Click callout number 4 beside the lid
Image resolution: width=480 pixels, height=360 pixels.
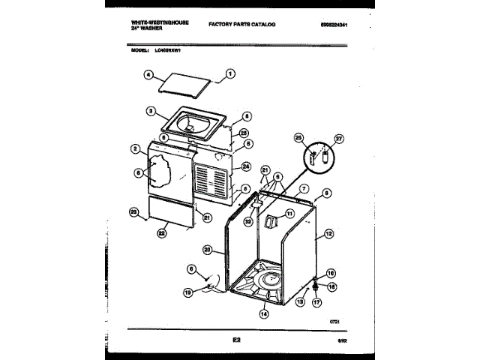(148, 75)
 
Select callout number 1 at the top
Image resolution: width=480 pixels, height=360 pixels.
(231, 73)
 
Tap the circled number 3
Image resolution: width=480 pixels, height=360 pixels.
(150, 112)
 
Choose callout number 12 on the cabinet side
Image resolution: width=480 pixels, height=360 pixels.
(328, 234)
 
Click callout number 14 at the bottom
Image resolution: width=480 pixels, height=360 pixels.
(263, 314)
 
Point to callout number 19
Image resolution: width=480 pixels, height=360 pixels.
(189, 292)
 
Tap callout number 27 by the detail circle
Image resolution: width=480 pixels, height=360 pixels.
(338, 139)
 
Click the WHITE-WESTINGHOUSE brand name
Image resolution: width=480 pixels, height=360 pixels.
(149, 22)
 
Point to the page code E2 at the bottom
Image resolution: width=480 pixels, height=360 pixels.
(236, 341)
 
